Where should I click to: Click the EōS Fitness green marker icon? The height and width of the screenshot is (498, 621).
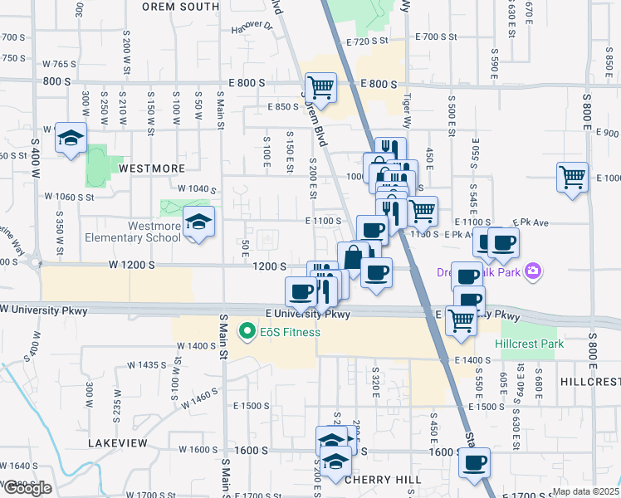(x=247, y=333)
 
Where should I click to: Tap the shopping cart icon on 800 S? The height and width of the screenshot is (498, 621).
(x=320, y=86)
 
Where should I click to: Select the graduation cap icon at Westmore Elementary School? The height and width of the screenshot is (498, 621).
(x=198, y=222)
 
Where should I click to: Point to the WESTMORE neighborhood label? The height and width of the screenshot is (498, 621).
(x=152, y=168)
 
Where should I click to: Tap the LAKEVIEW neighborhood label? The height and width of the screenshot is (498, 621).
(x=118, y=443)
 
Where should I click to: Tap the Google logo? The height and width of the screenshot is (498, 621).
(x=27, y=488)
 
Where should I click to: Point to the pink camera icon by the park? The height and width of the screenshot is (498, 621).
(x=533, y=271)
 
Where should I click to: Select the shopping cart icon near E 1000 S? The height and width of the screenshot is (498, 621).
(x=572, y=177)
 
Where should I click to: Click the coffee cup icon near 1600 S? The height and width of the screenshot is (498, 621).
(x=474, y=462)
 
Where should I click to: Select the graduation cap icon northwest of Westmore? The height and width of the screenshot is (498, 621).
(x=71, y=137)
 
